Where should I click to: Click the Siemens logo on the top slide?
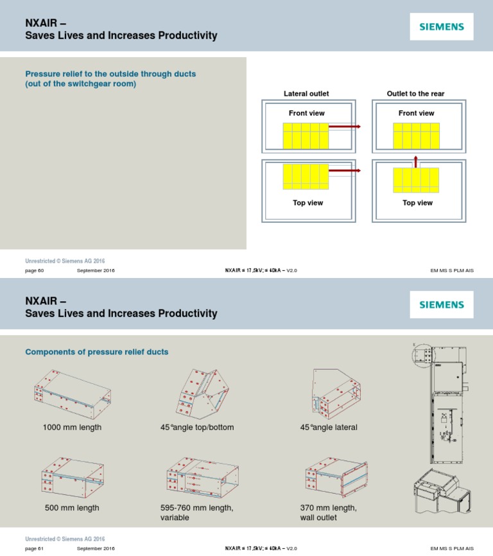442,28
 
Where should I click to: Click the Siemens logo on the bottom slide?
442,305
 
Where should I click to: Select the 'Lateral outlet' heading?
306,94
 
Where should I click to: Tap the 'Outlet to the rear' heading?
415,94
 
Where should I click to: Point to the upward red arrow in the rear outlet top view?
415,161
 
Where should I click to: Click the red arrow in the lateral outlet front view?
344,127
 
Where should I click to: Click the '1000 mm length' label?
72,428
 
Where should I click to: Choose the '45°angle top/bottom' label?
197,428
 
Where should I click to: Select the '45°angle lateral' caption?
329,428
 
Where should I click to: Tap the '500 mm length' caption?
72,508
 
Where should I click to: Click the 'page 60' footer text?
34,270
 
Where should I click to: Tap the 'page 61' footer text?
34,549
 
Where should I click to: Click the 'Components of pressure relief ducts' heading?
96,352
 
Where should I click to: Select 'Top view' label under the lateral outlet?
308,203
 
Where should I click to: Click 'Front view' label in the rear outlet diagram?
416,113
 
